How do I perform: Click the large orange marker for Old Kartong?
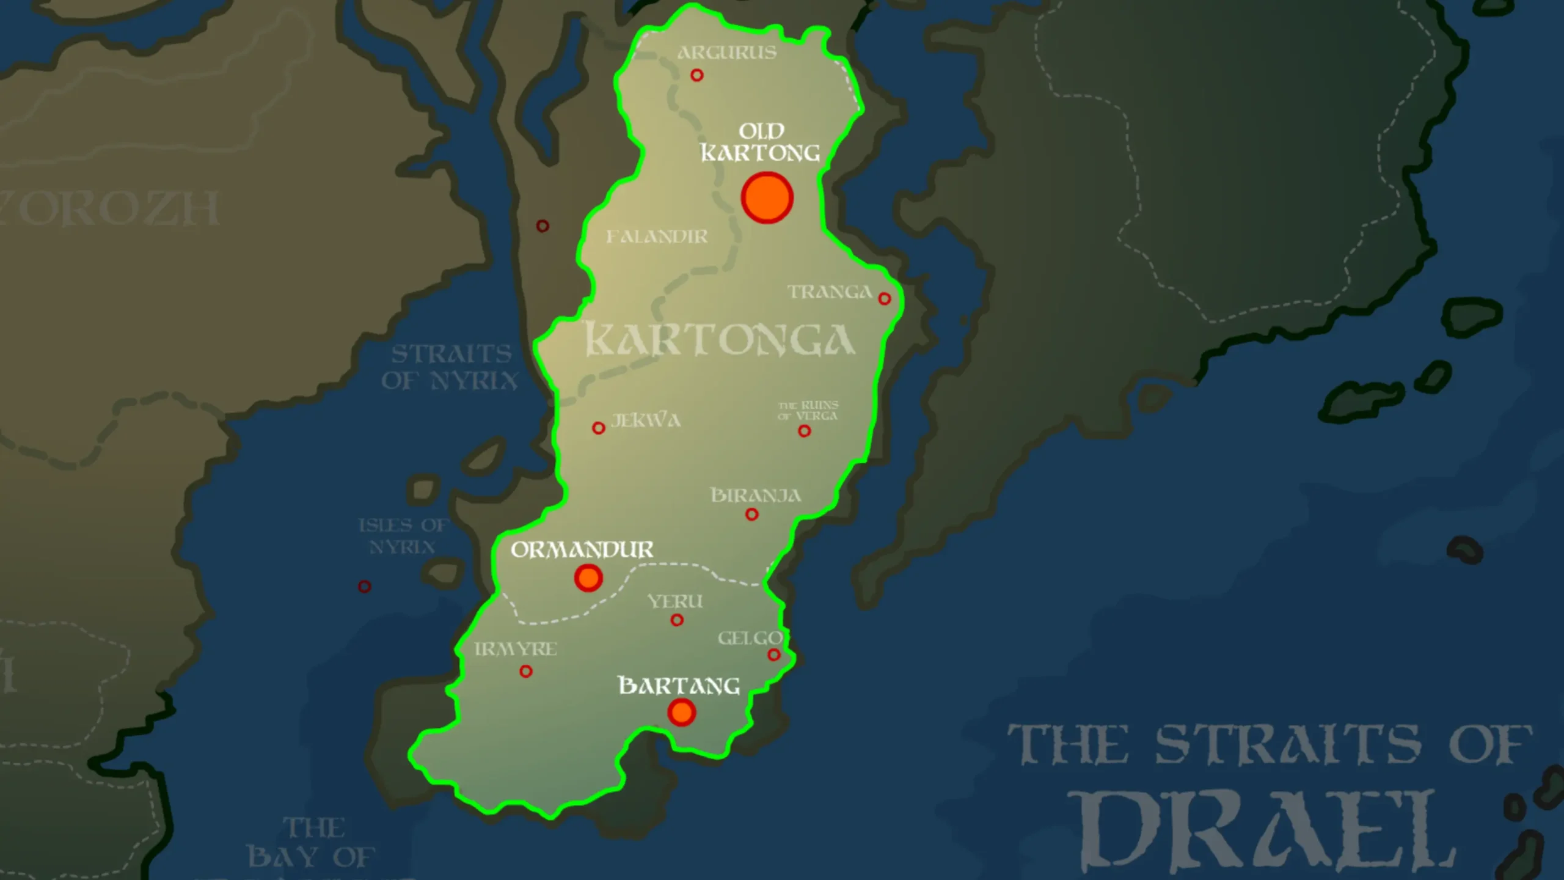coord(767,198)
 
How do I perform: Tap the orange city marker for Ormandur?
coord(588,577)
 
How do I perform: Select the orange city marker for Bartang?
coord(681,712)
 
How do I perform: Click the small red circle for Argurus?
coord(696,75)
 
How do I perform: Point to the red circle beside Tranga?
coord(884,299)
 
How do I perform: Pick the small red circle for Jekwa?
coord(599,428)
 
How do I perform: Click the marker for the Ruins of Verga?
coord(805,431)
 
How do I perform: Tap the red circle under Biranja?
coord(752,515)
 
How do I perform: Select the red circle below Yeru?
coord(676,620)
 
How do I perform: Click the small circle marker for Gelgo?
coord(773,655)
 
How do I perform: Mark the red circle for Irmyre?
coord(525,672)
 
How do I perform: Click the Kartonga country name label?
coord(720,340)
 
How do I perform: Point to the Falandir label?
coord(657,237)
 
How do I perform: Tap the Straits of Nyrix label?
coord(450,367)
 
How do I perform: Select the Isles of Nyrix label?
coord(403,535)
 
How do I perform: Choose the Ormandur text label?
coord(582,549)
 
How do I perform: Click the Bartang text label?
coord(679,686)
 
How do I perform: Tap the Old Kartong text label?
coord(761,142)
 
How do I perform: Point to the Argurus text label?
coord(727,53)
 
